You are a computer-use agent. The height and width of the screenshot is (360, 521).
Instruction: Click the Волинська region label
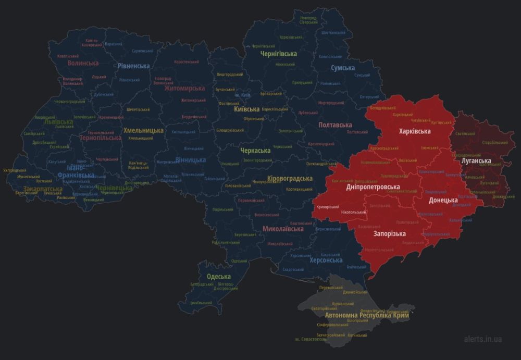click(83, 63)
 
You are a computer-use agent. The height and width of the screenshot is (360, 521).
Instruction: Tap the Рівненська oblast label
click(133, 66)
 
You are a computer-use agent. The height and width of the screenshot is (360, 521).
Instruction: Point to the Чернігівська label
click(279, 54)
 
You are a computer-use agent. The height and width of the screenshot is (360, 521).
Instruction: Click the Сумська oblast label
click(343, 68)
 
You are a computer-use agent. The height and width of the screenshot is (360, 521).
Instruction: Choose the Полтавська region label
click(335, 125)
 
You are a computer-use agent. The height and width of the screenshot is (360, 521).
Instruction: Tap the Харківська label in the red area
click(414, 131)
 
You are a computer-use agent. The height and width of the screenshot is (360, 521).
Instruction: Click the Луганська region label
click(476, 161)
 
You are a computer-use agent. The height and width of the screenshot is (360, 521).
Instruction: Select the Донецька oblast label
click(443, 200)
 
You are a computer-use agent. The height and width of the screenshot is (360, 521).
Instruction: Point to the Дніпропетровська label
click(373, 187)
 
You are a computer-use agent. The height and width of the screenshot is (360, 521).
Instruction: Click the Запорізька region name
click(389, 233)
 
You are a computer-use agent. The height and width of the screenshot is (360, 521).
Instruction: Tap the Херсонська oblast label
click(326, 260)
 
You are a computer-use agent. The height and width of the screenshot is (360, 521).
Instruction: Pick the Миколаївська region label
click(283, 229)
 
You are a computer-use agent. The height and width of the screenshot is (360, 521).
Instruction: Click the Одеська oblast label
click(218, 277)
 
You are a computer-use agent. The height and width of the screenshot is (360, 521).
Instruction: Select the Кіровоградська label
click(289, 179)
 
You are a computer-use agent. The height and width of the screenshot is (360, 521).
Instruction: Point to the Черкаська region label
click(255, 151)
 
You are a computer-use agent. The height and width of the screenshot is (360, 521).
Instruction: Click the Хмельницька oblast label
click(143, 130)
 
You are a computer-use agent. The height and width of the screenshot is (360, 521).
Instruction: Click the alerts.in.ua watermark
click(482, 339)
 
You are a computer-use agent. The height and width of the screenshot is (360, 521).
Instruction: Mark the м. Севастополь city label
click(311, 340)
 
